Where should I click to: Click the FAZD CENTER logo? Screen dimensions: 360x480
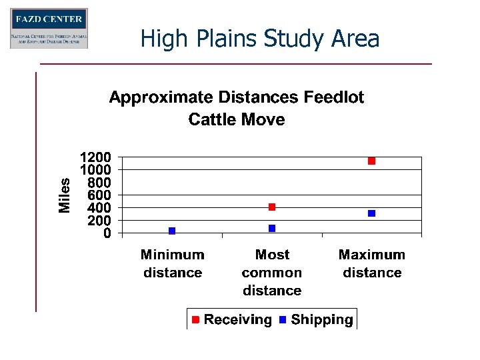coord(49,29)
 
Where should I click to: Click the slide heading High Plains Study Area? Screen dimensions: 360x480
coord(260,39)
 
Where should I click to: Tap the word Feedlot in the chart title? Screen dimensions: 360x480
coord(334,98)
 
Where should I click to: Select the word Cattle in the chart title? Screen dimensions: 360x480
coord(213,120)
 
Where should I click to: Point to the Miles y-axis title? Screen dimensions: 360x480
coord(65,195)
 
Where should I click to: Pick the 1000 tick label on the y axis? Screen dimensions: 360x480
coord(95,169)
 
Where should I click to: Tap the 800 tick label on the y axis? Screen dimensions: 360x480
coord(99,182)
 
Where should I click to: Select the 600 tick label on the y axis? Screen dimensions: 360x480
coord(99,195)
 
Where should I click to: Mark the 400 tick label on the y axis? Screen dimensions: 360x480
coord(99,207)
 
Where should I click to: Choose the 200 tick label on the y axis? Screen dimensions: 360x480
coord(99,220)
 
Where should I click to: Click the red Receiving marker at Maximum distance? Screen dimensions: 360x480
coord(372,161)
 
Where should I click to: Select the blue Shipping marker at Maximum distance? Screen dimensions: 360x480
coord(372,213)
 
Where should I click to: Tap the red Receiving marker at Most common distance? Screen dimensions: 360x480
coord(272,207)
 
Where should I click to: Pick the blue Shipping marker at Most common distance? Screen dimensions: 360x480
coord(272,228)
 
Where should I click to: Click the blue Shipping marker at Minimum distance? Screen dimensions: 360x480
coord(172,231)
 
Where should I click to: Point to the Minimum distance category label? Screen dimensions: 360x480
coord(173,263)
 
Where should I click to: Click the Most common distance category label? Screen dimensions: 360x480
coord(272,273)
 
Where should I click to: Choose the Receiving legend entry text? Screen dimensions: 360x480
coord(237,320)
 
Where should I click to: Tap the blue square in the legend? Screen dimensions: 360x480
coord(283,320)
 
